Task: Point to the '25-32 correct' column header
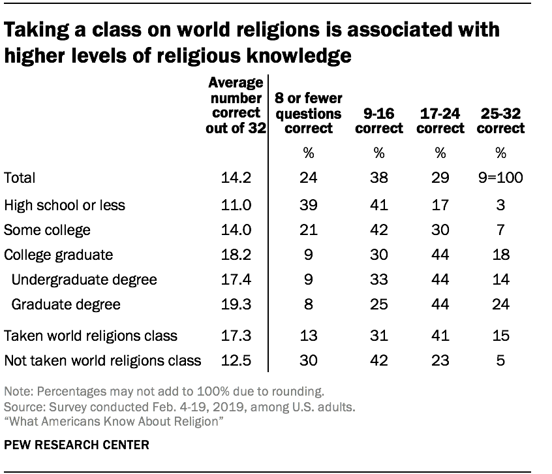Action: [500, 121]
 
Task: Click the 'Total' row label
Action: [20, 178]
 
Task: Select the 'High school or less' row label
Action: [65, 205]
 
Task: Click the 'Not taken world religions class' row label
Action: [102, 360]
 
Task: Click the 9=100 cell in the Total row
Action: [500, 178]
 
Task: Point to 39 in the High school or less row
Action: [309, 205]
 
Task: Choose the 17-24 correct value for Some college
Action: [440, 230]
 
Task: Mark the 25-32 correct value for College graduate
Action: [500, 255]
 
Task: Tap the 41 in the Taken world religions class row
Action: [440, 336]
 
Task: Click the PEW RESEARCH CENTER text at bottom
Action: [76, 445]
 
